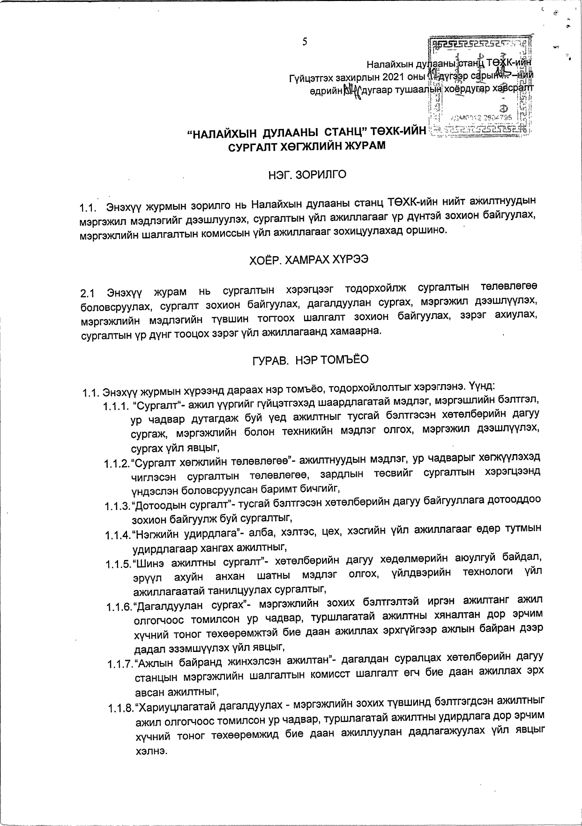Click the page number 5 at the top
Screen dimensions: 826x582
(x=305, y=42)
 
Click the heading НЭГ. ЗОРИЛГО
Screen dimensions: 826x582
(x=307, y=175)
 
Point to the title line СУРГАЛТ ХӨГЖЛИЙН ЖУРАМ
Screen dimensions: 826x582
(x=306, y=146)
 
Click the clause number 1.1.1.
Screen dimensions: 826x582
(x=115, y=404)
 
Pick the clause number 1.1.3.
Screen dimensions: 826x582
(x=117, y=506)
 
